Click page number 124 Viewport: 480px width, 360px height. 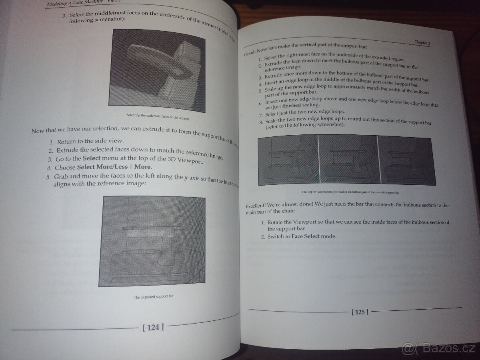pyautogui.click(x=153, y=327)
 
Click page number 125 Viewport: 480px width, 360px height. pyautogui.click(x=360, y=312)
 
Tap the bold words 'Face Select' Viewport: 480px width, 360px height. pyautogui.click(x=306, y=236)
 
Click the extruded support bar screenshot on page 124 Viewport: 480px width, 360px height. pyautogui.click(x=152, y=241)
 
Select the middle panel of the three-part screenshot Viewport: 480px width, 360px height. pyautogui.click(x=348, y=160)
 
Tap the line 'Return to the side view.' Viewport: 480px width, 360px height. pyautogui.click(x=90, y=141)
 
